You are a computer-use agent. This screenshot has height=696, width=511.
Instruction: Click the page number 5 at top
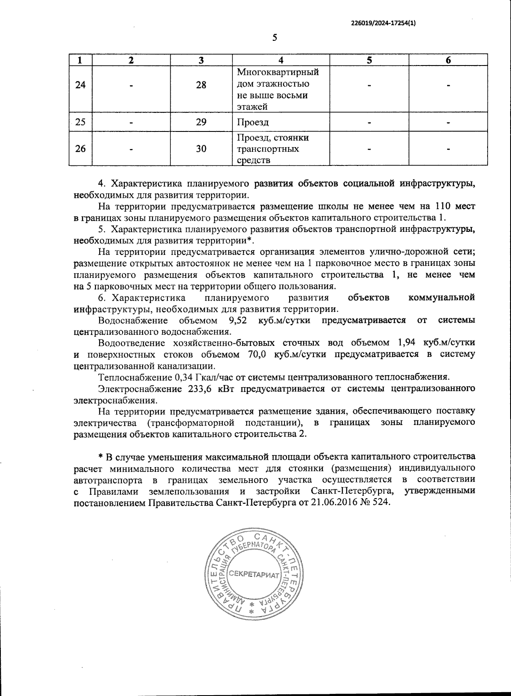pos(275,38)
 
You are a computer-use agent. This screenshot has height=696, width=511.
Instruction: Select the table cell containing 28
pos(201,85)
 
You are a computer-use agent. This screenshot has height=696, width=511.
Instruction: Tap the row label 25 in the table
pos(80,123)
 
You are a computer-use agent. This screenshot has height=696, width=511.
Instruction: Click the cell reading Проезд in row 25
pos(253,123)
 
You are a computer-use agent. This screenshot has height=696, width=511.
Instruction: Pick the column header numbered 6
pos(448,60)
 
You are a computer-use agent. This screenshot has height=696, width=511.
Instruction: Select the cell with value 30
pos(201,149)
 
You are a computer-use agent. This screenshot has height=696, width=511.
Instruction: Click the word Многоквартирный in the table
pos(278,72)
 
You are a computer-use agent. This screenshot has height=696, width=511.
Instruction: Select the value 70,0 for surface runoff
pos(257,354)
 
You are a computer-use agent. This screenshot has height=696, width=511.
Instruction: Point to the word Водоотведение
pos(132,343)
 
